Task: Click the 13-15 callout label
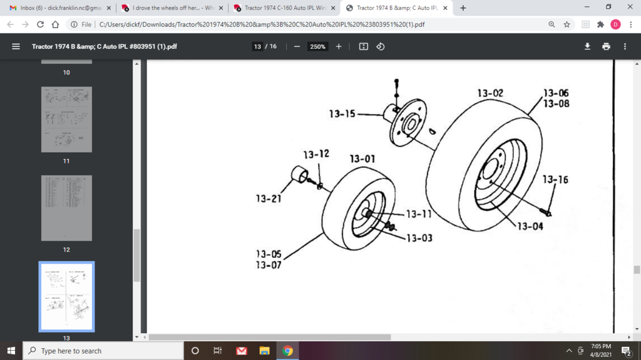click(342, 114)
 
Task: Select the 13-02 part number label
click(490, 93)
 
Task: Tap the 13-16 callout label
click(555, 180)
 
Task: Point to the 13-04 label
click(530, 226)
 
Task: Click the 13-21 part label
click(269, 199)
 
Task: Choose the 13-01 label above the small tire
click(362, 159)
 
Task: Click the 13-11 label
click(419, 214)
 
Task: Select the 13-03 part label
click(419, 238)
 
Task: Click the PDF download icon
click(587, 46)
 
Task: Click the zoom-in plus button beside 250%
click(339, 46)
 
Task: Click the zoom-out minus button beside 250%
click(297, 46)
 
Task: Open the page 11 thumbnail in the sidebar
click(66, 120)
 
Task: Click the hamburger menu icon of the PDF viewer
click(16, 46)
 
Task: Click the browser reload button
click(41, 24)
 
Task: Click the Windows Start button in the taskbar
click(11, 351)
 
